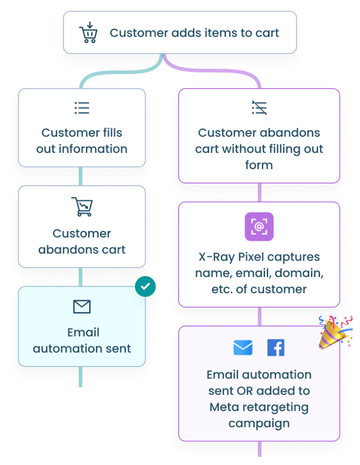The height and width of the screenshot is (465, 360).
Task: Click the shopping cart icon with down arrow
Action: coord(88,33)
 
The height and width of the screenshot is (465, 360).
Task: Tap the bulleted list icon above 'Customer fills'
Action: coord(82,108)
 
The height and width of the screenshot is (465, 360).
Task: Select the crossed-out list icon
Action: coord(259,108)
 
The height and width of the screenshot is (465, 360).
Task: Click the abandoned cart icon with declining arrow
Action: coord(82,207)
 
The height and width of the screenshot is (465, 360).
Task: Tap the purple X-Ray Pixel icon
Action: coord(259,226)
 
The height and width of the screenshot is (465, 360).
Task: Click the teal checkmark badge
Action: coord(145,287)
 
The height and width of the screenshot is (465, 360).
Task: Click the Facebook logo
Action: coord(275,348)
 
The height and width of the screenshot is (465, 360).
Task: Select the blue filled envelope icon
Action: coord(243,348)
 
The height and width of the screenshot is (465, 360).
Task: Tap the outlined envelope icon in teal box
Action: coord(82,307)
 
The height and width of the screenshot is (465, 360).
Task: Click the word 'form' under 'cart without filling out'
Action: coord(259,165)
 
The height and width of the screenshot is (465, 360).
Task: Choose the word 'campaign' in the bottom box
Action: coord(259,423)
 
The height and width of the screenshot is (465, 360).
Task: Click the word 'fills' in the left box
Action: coord(112,133)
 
